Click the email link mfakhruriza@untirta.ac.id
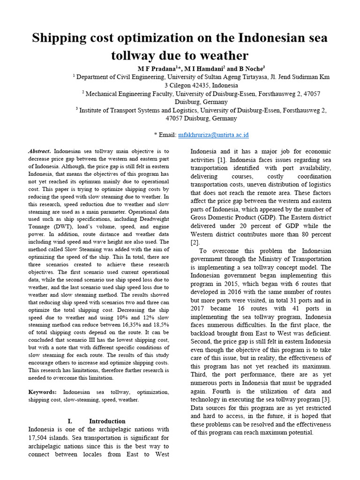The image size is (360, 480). click(213, 135)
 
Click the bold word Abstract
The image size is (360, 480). click(40, 151)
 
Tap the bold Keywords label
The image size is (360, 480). click(43, 392)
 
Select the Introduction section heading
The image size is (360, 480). click(107, 421)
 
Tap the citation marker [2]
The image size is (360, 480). click(195, 242)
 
